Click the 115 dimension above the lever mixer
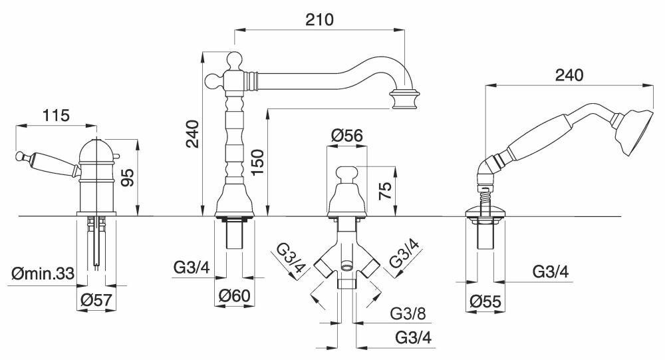55,115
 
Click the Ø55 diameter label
484,301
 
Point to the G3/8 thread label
407,311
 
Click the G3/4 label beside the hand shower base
550,271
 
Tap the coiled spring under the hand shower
484,198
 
